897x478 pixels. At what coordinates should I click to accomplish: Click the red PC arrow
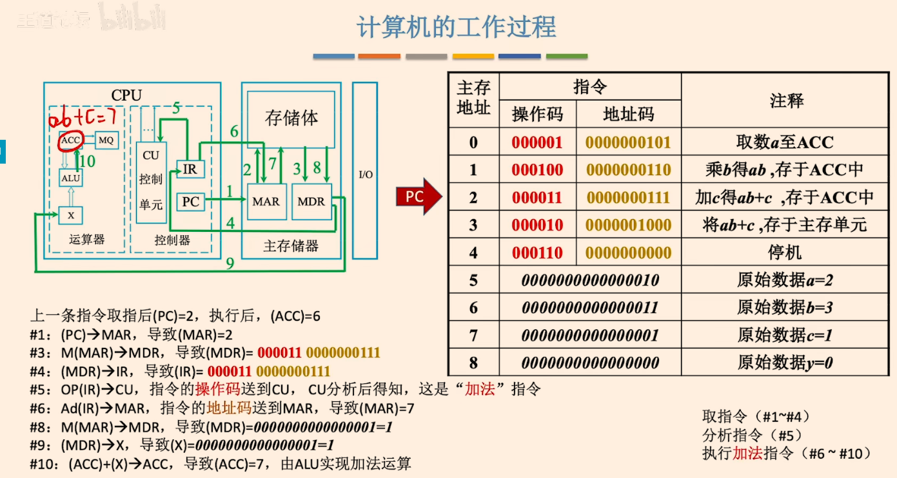click(x=419, y=196)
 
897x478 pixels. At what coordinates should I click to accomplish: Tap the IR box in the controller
click(x=191, y=169)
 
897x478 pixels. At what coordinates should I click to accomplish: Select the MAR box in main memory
click(x=267, y=202)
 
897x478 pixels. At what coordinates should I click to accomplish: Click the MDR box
click(x=311, y=202)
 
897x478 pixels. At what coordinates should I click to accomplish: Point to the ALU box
click(x=71, y=178)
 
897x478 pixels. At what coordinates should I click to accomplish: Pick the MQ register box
click(x=106, y=140)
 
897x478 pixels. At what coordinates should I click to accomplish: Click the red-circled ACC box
click(x=70, y=140)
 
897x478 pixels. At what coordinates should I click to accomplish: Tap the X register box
click(x=71, y=215)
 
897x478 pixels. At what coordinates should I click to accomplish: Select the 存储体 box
click(x=291, y=118)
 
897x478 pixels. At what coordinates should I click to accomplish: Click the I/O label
click(x=365, y=175)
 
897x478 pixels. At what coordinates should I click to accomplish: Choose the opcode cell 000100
click(x=537, y=169)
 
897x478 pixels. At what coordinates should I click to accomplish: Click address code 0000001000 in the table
click(x=629, y=225)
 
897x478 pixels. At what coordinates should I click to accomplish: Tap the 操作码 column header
click(x=537, y=115)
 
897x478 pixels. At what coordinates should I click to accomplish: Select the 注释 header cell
click(x=786, y=100)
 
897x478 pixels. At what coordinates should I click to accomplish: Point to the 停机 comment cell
click(x=785, y=253)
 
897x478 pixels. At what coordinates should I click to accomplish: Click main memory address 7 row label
click(x=474, y=335)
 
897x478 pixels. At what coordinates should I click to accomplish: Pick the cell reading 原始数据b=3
click(x=785, y=307)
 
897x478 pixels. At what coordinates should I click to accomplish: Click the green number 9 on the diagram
click(x=230, y=263)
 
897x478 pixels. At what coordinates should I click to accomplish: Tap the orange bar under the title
click(x=379, y=57)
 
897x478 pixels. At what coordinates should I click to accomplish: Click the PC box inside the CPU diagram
click(x=191, y=202)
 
